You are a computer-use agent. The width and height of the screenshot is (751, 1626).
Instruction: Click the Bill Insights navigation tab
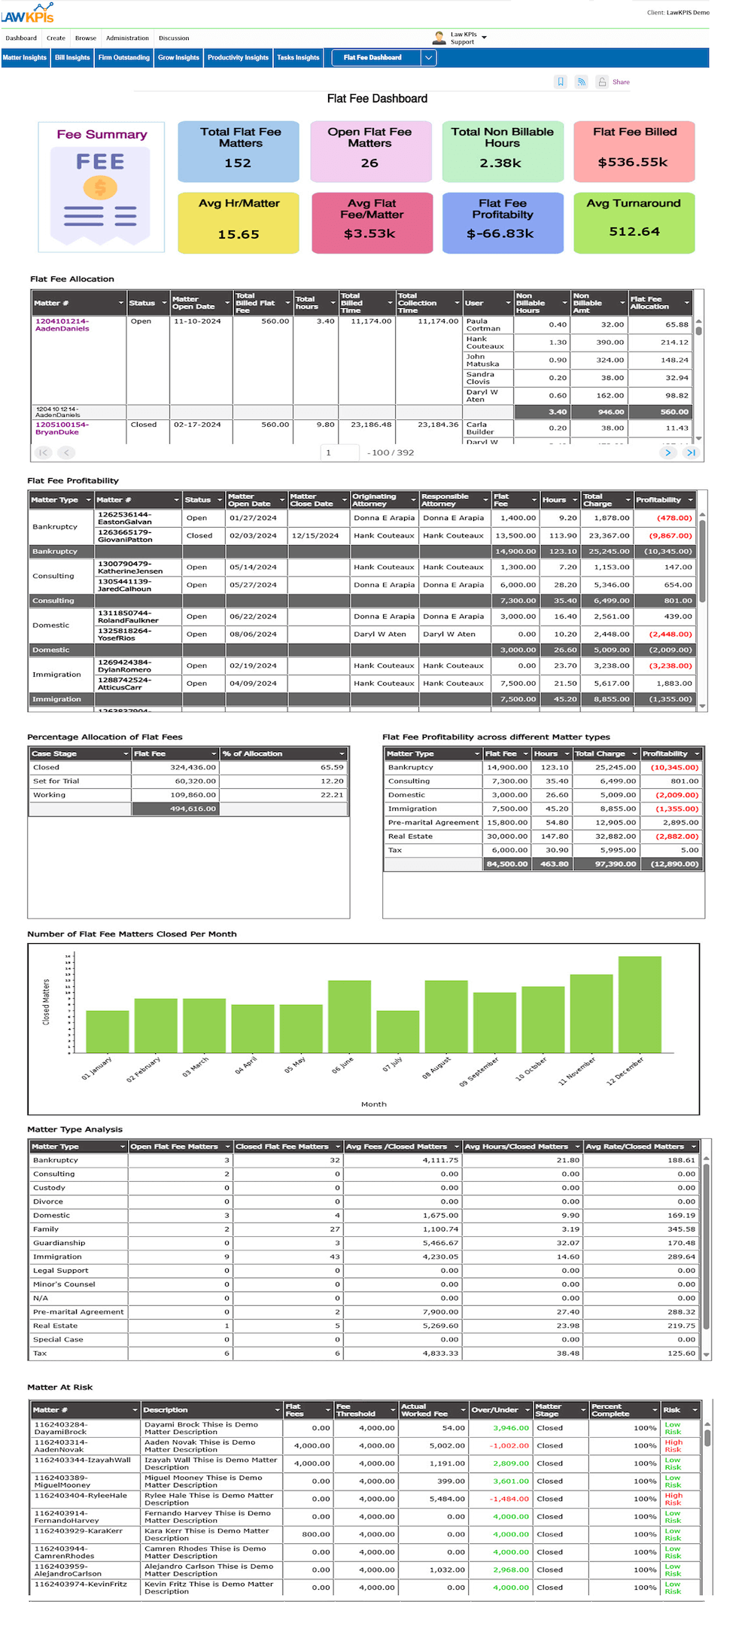pyautogui.click(x=72, y=58)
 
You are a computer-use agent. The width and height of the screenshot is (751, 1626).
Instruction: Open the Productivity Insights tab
pyautogui.click(x=238, y=58)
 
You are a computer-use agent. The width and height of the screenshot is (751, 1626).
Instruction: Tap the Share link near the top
pyautogui.click(x=621, y=82)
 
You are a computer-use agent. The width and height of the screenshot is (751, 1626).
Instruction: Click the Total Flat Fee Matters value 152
pyautogui.click(x=238, y=163)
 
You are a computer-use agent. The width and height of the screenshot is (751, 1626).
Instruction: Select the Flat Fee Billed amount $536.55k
pyautogui.click(x=633, y=162)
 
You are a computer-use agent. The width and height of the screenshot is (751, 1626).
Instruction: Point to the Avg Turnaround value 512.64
pyautogui.click(x=634, y=231)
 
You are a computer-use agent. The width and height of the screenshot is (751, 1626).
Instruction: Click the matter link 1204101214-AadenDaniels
pyautogui.click(x=62, y=325)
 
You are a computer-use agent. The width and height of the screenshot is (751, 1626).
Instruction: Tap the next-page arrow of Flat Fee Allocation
pyautogui.click(x=667, y=452)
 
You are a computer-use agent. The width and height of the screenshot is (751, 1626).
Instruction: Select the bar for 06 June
pyautogui.click(x=349, y=1016)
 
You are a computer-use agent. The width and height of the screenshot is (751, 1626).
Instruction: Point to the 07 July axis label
pyautogui.click(x=393, y=1064)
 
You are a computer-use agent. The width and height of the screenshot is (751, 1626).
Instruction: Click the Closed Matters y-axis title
pyautogui.click(x=46, y=1001)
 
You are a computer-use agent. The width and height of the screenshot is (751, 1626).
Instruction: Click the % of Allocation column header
pyautogui.click(x=252, y=754)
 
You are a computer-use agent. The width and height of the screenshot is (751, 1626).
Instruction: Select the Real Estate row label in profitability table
pyautogui.click(x=412, y=836)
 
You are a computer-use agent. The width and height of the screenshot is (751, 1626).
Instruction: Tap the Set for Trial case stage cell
pyautogui.click(x=56, y=781)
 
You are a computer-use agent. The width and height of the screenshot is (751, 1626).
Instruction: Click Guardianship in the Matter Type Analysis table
pyautogui.click(x=59, y=1243)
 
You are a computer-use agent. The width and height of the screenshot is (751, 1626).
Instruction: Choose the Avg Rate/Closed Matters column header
pyautogui.click(x=635, y=1146)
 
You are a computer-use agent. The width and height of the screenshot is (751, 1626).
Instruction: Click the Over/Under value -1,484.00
pyautogui.click(x=509, y=1499)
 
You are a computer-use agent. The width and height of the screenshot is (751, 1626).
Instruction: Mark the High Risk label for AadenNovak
pyautogui.click(x=673, y=1446)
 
